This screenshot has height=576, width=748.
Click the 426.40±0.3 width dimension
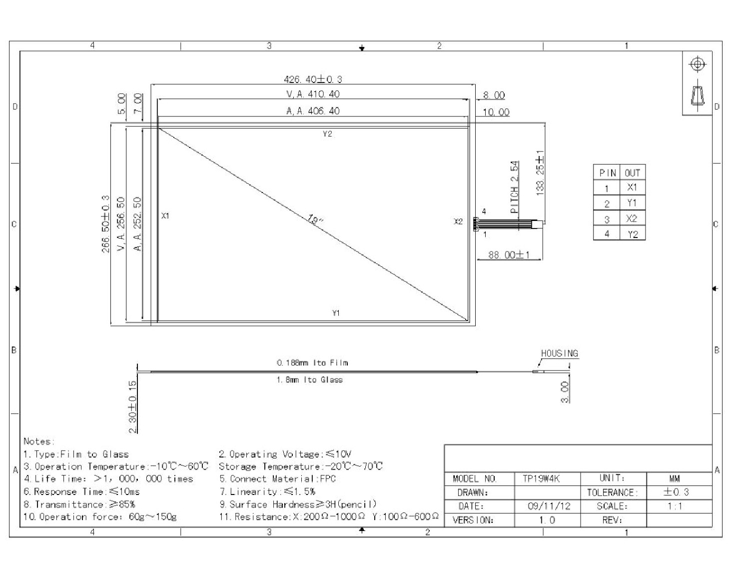click(x=313, y=79)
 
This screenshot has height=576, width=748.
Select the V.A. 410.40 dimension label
click(x=313, y=94)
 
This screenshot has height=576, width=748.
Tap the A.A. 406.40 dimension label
click(x=313, y=111)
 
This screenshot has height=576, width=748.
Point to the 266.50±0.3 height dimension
click(x=105, y=224)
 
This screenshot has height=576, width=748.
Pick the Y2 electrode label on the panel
click(x=327, y=134)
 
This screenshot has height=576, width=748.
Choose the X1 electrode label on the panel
click(x=165, y=216)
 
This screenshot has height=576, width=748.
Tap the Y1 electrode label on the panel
click(x=336, y=313)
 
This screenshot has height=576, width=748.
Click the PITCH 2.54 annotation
click(x=514, y=187)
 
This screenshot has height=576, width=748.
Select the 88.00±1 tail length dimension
click(x=509, y=255)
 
